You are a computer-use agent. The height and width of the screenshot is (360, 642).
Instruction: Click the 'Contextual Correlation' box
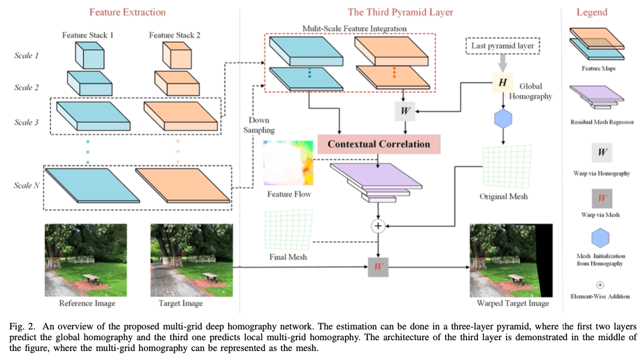tap(378, 144)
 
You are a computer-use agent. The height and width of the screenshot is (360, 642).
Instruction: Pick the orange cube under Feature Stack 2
tap(174, 56)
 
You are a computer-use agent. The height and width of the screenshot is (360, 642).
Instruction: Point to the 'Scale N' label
tap(26, 186)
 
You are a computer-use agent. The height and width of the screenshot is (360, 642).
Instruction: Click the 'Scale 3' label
tap(26, 122)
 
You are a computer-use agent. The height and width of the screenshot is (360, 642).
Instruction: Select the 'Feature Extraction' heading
tap(128, 12)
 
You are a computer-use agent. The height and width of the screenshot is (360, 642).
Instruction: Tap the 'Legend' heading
tap(591, 12)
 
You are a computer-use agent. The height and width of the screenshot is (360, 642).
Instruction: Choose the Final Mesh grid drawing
tap(289, 229)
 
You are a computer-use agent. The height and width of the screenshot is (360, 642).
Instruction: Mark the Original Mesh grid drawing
tap(502, 167)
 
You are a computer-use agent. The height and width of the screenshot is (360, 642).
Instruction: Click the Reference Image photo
tap(86, 259)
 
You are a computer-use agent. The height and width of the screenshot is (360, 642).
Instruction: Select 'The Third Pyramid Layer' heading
tap(400, 12)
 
